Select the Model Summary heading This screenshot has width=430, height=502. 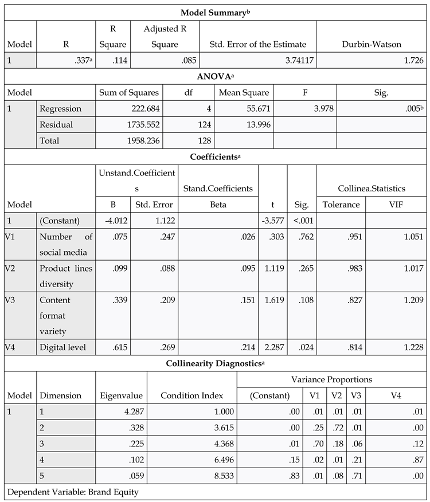[214, 12]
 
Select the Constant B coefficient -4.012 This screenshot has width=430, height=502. [110, 221]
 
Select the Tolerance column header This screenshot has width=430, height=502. [341, 205]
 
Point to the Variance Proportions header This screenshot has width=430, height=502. [331, 379]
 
